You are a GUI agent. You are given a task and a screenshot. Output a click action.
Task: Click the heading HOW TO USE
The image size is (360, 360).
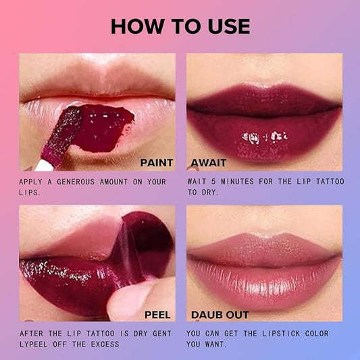(180, 26)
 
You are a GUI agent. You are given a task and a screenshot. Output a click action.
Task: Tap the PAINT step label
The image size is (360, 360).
(157, 163)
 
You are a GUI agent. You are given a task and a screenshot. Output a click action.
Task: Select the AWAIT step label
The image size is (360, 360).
(209, 163)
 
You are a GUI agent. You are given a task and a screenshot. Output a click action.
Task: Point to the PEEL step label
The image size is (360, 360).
(157, 315)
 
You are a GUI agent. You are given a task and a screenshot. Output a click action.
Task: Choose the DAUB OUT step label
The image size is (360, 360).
(220, 315)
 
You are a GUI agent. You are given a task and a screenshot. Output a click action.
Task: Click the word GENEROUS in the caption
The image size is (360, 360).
(76, 182)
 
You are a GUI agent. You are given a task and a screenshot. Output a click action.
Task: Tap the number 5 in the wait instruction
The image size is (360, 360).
(213, 182)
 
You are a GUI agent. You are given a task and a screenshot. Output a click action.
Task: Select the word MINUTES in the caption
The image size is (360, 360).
(237, 182)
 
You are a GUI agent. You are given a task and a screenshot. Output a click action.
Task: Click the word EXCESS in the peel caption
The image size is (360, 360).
(105, 344)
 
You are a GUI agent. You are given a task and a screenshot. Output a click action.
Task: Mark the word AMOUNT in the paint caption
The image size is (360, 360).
(113, 182)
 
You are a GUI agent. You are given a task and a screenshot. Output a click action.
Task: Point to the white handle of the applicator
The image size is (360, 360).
(44, 165)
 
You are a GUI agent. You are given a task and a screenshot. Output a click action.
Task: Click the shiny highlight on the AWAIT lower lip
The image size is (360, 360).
(264, 137)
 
